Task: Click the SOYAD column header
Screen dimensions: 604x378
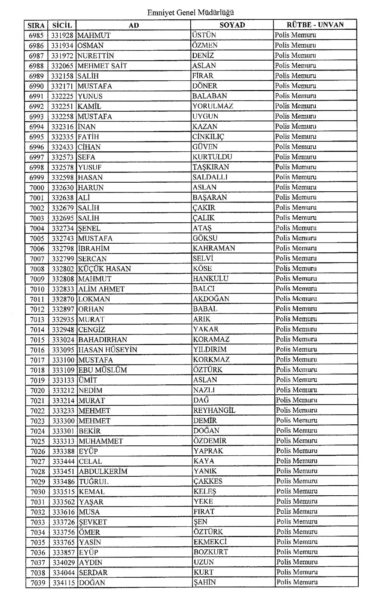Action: point(232,25)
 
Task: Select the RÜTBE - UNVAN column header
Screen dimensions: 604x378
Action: point(315,25)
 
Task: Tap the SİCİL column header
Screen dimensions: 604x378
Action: point(62,25)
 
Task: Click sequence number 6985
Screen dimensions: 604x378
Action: point(37,35)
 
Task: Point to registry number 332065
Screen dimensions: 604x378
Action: point(62,66)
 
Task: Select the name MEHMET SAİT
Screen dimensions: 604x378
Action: point(102,66)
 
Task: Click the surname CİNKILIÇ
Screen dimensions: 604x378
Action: point(208,137)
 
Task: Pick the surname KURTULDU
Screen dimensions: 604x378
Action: point(212,157)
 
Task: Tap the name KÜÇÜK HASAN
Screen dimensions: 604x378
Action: point(104,269)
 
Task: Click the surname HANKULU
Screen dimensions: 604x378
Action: point(210,279)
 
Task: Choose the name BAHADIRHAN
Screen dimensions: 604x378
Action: point(103,340)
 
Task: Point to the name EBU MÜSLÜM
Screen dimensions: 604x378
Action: point(103,370)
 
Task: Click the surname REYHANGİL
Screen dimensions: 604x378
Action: point(214,411)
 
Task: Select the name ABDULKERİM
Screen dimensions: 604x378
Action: point(103,471)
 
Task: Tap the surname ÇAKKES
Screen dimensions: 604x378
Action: point(208,481)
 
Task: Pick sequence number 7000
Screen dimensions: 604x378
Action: point(37,187)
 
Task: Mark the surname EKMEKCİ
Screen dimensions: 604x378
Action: point(210,542)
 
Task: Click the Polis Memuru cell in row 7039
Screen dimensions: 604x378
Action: point(297,583)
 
